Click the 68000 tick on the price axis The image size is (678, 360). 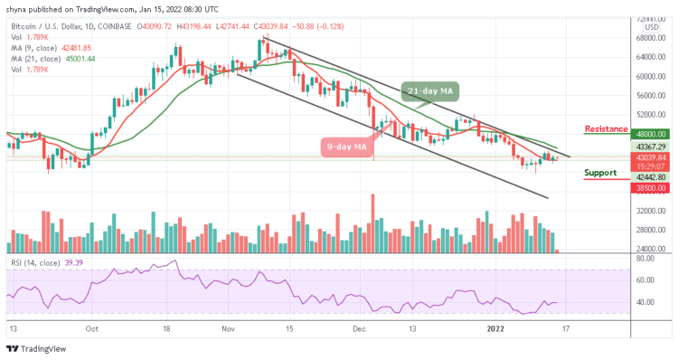[649, 38]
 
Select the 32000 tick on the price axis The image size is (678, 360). [649, 211]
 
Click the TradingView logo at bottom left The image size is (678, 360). [37, 349]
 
